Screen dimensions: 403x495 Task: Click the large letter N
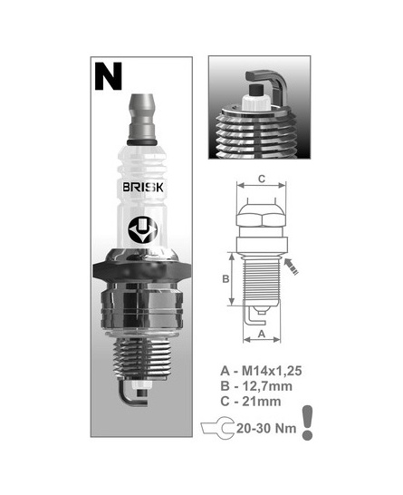click(x=108, y=76)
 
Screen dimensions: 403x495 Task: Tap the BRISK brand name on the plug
click(x=143, y=187)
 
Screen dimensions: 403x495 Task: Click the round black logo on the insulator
click(x=142, y=231)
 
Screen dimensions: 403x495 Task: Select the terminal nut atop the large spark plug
click(x=141, y=119)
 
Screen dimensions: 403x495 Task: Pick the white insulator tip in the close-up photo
click(x=256, y=102)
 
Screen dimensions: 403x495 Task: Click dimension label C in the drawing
click(x=262, y=179)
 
